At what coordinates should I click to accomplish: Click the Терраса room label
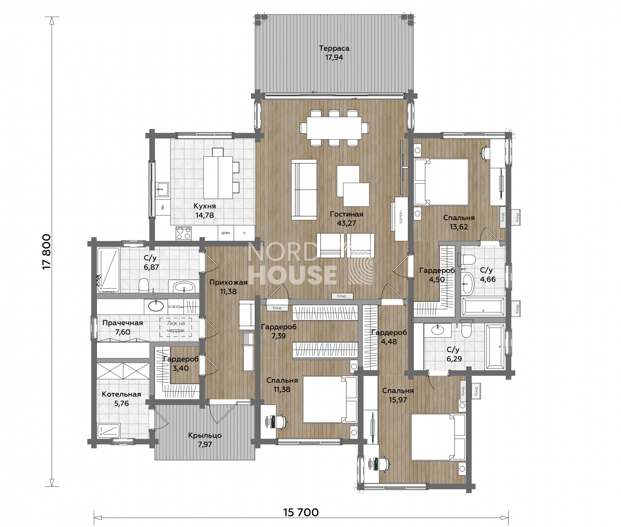pyautogui.click(x=334, y=48)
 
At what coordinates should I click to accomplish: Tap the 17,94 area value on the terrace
pyautogui.click(x=334, y=57)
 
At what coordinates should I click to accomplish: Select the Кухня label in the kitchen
pyautogui.click(x=205, y=206)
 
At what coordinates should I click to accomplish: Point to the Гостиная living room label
pyautogui.click(x=347, y=214)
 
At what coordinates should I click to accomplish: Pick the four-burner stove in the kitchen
pyautogui.click(x=184, y=233)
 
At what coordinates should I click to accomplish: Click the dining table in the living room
pyautogui.click(x=334, y=128)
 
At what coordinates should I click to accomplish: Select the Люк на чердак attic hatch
pyautogui.click(x=176, y=327)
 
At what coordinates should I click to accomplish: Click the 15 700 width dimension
pyautogui.click(x=301, y=512)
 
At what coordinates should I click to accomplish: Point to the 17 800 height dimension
pyautogui.click(x=47, y=252)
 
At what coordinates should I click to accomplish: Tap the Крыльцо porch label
pyautogui.click(x=205, y=435)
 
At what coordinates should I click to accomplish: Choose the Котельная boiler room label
pyautogui.click(x=121, y=394)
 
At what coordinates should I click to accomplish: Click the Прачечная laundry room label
pyautogui.click(x=123, y=323)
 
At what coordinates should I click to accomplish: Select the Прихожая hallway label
pyautogui.click(x=228, y=282)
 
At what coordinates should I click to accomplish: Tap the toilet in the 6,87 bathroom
pyautogui.click(x=143, y=285)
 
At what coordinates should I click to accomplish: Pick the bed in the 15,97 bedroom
pyautogui.click(x=438, y=437)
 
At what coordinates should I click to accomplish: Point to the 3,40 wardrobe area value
pyautogui.click(x=181, y=368)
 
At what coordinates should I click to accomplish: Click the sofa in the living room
pyautogui.click(x=304, y=190)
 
